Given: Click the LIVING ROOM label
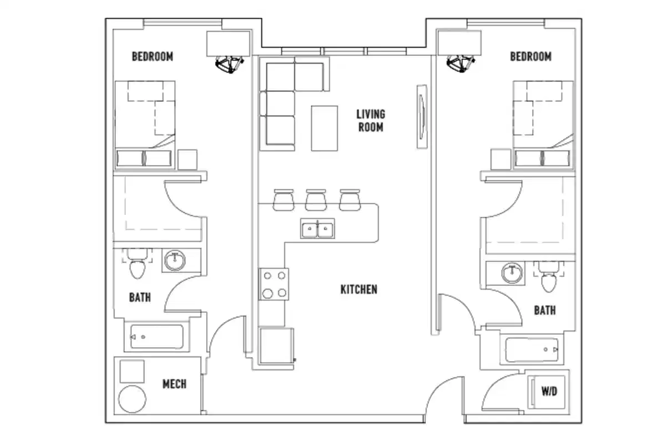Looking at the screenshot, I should pos(370,121).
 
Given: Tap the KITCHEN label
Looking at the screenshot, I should pos(359,289).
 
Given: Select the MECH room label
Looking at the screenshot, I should pos(174,384).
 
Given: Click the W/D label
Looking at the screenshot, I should pos(549,392).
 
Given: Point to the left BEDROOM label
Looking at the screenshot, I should pos(152,56).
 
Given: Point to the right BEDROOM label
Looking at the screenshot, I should pos(531,56).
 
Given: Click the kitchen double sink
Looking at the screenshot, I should pos(317,228).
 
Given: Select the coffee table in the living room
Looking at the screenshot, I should pos(324,128).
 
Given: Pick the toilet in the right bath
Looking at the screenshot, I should pos(548,280).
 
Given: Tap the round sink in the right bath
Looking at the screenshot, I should pos(511,273).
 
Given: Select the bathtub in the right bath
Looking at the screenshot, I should pos(532,349).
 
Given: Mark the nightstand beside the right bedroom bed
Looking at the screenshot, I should pos(501,159).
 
